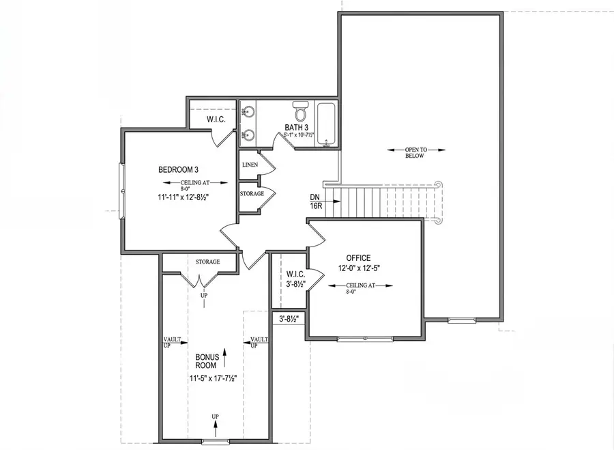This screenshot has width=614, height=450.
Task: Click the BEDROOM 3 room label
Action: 178,169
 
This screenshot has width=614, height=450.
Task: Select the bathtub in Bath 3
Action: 326,124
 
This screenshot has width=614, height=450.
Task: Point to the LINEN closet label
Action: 249,165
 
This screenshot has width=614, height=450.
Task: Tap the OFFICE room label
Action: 358,257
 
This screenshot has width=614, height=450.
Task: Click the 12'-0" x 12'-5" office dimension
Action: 358,268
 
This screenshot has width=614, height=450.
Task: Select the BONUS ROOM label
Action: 206,361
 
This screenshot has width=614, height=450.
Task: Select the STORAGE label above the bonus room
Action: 207,262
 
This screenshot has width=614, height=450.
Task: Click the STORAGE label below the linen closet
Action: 251,194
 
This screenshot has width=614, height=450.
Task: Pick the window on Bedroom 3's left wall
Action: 122,191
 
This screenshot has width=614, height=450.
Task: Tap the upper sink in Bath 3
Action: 247,111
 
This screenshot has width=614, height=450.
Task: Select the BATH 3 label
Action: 298,128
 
